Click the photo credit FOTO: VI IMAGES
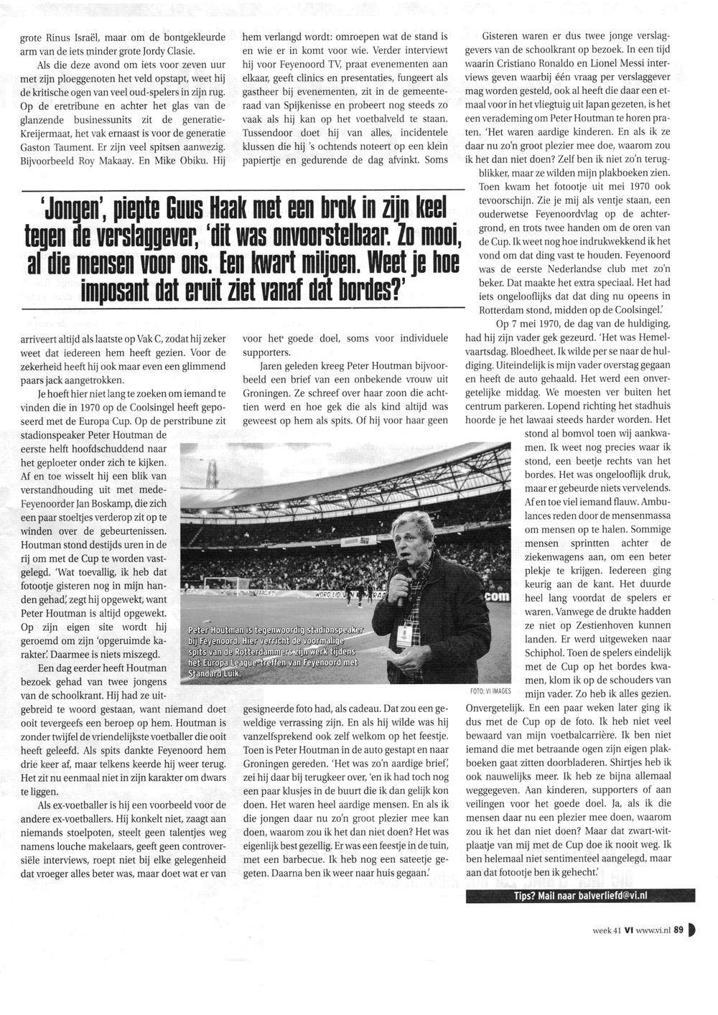(491, 691)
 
